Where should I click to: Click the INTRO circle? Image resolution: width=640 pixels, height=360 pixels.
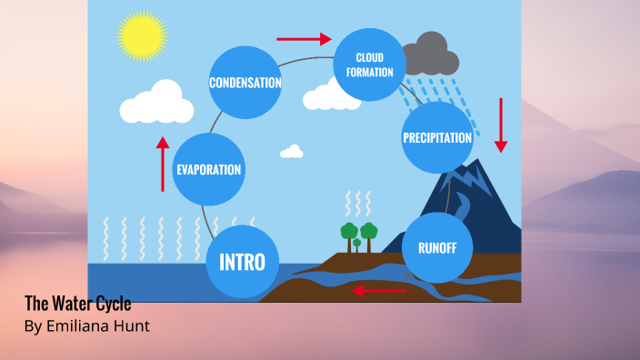tap(242, 263)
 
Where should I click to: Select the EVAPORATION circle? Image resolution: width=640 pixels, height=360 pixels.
tap(209, 169)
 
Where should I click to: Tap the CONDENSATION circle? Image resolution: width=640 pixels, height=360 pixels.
tap(245, 83)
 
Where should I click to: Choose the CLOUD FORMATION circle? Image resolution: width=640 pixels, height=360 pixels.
tap(369, 65)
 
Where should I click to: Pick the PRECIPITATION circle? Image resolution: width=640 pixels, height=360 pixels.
tap(436, 138)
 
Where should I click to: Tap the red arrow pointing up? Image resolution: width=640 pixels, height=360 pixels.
tap(163, 164)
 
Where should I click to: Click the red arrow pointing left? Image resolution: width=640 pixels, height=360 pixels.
tap(380, 291)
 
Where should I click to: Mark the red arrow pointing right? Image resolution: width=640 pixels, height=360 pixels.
tap(305, 39)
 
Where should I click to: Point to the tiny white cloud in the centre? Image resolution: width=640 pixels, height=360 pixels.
tap(291, 151)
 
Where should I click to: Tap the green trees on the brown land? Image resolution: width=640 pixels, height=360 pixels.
tap(358, 234)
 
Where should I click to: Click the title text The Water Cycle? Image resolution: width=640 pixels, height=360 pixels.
tap(77, 304)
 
